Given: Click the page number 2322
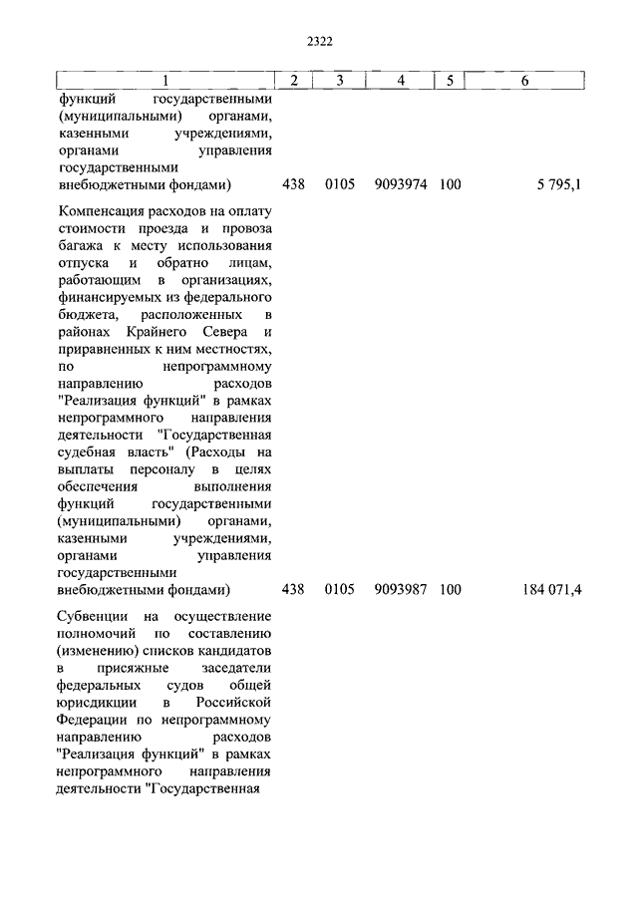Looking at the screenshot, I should pos(319,41).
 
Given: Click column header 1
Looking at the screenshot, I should pos(164,81).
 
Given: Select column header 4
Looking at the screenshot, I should pos(400,81).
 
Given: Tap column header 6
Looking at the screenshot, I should pos(524,81).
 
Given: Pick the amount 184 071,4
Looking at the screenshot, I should pos(551,589).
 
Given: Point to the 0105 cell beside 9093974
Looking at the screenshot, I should pos(339,184).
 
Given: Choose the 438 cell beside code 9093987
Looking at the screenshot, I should pos(293,589).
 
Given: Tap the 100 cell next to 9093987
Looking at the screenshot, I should pos(450,589).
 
